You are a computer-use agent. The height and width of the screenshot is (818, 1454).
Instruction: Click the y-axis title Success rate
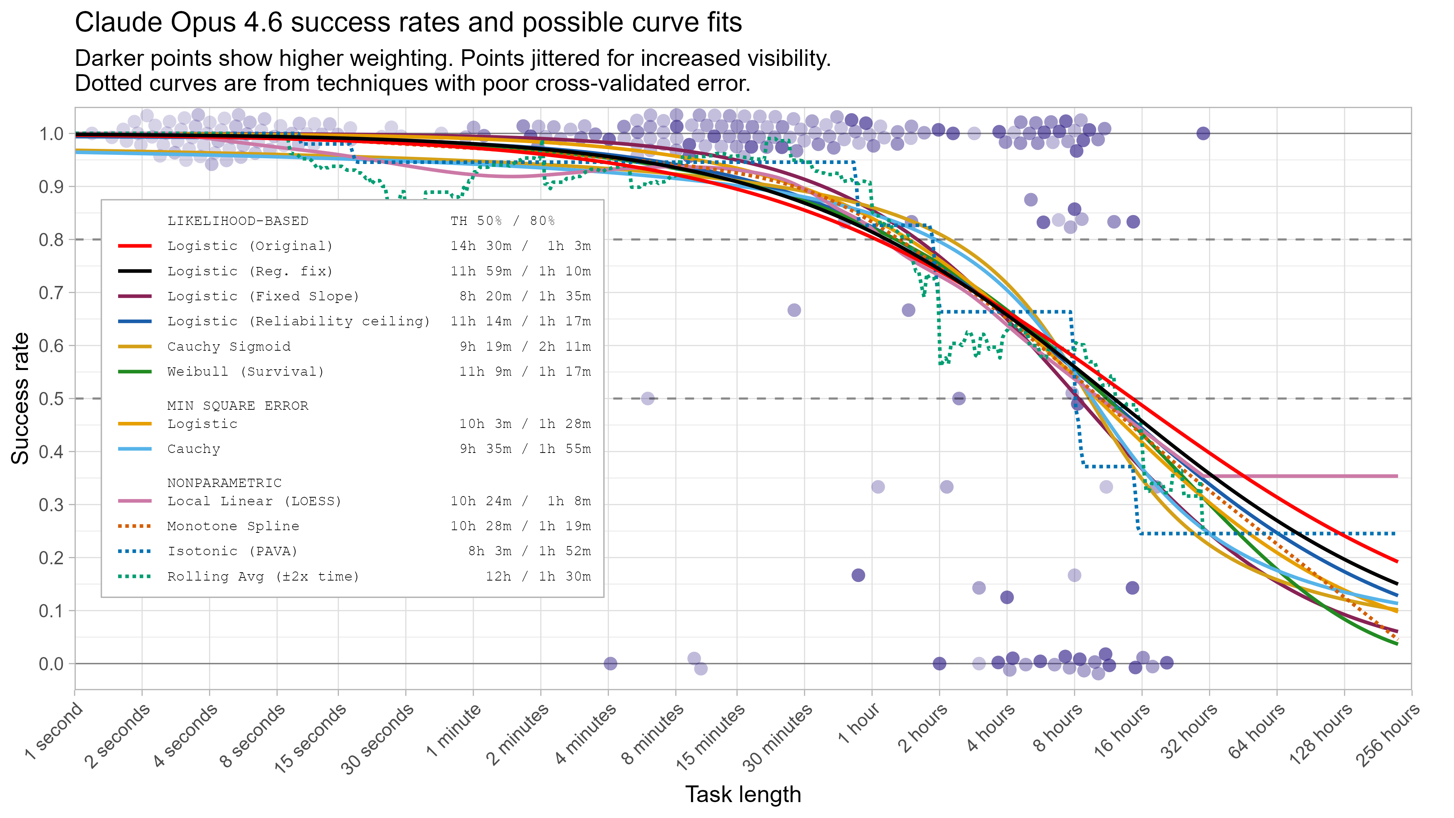(x=20, y=398)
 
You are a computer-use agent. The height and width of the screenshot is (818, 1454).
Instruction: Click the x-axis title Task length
(x=743, y=794)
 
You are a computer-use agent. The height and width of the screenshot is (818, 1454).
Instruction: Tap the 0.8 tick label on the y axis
(x=51, y=240)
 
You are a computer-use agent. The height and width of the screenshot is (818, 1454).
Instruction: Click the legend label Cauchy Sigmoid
(x=229, y=346)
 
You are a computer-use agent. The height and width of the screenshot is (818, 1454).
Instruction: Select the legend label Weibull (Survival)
(x=245, y=372)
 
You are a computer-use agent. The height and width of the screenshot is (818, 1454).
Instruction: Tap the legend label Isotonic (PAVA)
(x=232, y=551)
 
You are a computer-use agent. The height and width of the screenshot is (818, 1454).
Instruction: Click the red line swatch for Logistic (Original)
(x=134, y=245)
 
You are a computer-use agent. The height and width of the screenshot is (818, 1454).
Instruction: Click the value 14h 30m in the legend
(x=481, y=245)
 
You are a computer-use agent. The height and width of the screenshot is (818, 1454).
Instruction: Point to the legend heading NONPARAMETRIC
(x=224, y=483)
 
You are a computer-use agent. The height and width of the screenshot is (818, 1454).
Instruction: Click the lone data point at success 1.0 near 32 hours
(x=1203, y=133)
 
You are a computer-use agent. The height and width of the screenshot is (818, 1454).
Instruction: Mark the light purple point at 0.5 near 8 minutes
(x=647, y=398)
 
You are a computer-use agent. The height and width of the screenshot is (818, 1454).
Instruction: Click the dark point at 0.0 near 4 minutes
(x=610, y=663)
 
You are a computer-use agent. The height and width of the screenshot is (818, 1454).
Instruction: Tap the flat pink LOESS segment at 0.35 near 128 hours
(x=1343, y=476)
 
